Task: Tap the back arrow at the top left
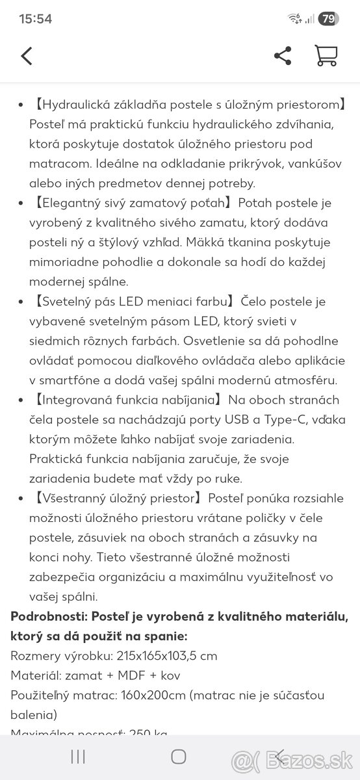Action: pyautogui.click(x=27, y=56)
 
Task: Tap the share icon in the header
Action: pyautogui.click(x=283, y=56)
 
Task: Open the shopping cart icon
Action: pyautogui.click(x=325, y=55)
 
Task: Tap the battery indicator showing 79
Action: pyautogui.click(x=328, y=19)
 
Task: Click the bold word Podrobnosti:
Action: pyautogui.click(x=49, y=616)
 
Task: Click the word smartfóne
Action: pyautogui.click(x=62, y=380)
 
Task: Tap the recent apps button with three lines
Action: pyautogui.click(x=78, y=756)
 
